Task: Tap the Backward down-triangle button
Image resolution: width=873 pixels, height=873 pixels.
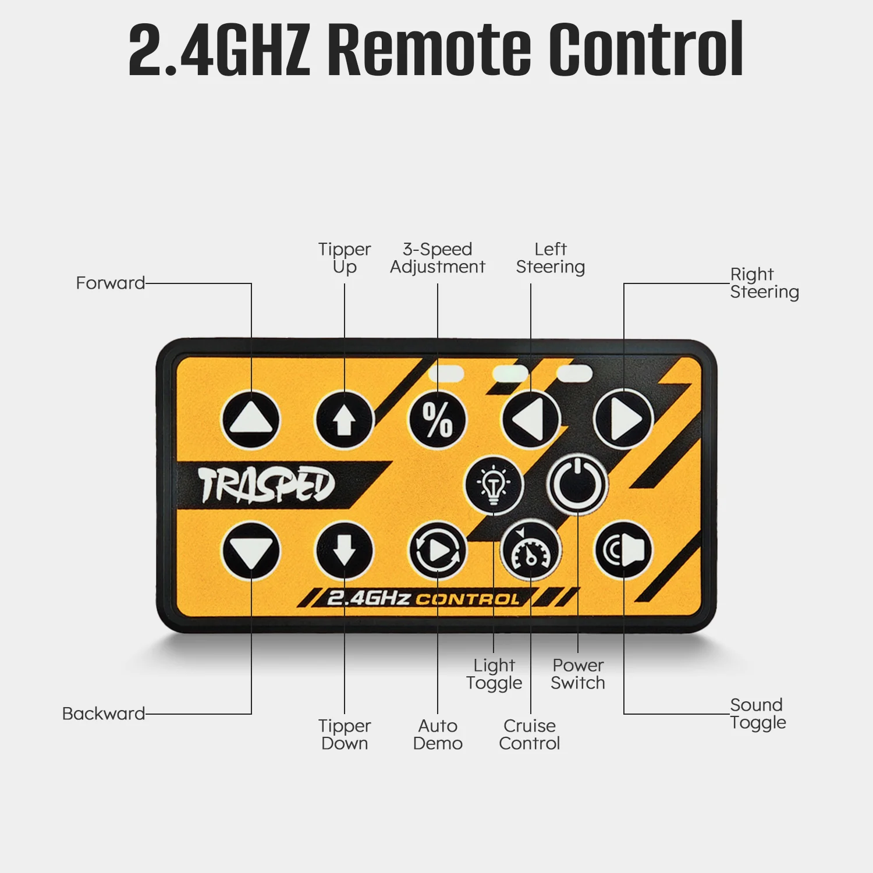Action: [x=251, y=551]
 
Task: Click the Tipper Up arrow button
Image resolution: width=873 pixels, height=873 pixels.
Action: [x=344, y=420]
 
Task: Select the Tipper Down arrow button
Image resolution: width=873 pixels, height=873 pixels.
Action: [x=344, y=551]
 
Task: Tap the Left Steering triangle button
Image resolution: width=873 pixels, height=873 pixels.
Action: [x=531, y=420]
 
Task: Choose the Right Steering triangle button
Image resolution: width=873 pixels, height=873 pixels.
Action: [x=623, y=420]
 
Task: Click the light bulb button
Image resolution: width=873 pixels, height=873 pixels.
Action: [x=494, y=485]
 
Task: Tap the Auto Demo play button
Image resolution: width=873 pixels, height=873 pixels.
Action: [x=438, y=551]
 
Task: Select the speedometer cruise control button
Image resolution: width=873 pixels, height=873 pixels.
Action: [x=530, y=551]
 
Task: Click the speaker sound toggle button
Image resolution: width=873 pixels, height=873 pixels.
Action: [x=623, y=551]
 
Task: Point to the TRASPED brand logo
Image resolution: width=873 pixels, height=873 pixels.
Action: [x=267, y=485]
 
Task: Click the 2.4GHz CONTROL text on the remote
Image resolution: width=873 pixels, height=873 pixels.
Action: [x=423, y=598]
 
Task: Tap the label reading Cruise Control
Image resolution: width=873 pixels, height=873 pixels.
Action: [x=530, y=734]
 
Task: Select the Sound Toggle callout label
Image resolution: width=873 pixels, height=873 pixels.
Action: [x=758, y=714]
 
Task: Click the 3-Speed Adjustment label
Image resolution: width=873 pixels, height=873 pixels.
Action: [x=438, y=258]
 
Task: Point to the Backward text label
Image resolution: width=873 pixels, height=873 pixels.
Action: [x=104, y=714]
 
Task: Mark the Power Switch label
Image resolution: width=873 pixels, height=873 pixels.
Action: [x=578, y=674]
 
